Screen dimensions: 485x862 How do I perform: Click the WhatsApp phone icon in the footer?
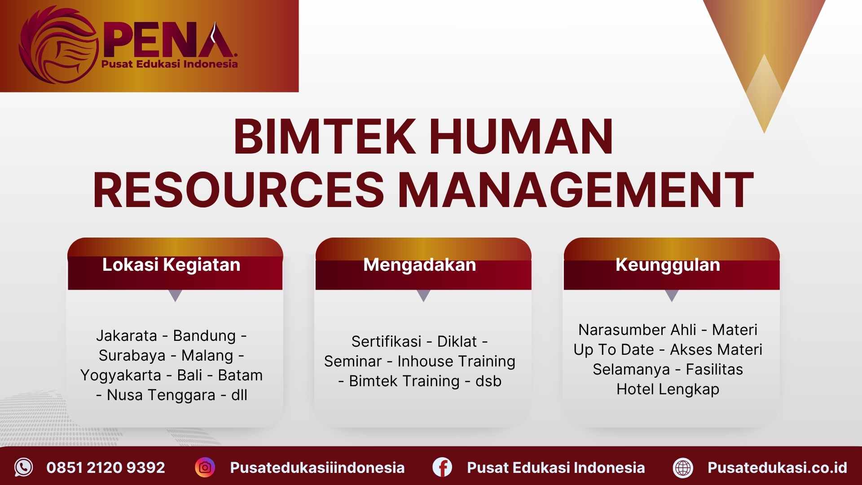23,467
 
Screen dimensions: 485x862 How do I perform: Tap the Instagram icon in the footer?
205,467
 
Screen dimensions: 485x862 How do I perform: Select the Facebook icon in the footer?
442,467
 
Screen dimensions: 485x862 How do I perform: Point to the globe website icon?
683,468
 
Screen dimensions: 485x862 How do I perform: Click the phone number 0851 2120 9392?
106,468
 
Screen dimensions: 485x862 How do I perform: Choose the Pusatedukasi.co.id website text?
777,468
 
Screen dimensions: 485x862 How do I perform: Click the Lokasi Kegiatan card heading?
171,265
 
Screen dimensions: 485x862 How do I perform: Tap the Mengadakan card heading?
419,265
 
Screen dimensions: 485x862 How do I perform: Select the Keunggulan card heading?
668,265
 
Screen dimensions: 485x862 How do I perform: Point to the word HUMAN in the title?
521,137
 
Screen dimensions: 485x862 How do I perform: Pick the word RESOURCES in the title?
238,190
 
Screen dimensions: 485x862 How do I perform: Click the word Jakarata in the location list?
127,336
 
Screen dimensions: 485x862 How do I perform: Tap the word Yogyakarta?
121,375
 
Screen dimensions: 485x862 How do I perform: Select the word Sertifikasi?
386,342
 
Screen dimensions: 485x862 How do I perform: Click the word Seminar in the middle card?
353,362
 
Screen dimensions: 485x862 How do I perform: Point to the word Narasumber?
637,330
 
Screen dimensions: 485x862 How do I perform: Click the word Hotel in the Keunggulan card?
635,389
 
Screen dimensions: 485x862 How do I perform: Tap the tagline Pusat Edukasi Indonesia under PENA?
169,64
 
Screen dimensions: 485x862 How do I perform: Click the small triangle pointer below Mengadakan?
423,295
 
